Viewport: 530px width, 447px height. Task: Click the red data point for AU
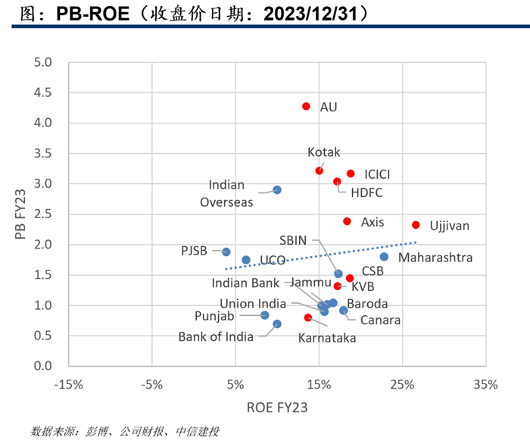[306, 107]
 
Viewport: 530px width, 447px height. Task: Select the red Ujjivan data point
[416, 225]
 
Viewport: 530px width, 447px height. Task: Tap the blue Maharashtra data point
[384, 257]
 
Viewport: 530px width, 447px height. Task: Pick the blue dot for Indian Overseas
[277, 190]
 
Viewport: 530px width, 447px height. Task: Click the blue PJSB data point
[226, 252]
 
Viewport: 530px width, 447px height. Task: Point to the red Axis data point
[347, 221]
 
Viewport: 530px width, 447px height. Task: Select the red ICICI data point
[351, 173]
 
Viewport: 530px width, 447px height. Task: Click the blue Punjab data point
[265, 315]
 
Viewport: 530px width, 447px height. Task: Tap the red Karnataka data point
[308, 317]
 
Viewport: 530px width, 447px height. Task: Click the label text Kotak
[323, 152]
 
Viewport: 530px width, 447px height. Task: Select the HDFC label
[366, 192]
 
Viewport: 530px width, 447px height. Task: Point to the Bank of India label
[216, 337]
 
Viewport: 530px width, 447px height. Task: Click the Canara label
[380, 320]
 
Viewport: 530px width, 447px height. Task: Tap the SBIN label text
[293, 240]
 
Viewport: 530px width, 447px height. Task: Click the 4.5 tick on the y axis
[42, 92]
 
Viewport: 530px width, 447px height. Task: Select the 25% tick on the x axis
[402, 384]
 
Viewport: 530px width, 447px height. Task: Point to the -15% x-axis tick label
[69, 384]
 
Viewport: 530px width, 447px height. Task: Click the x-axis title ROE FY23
[277, 408]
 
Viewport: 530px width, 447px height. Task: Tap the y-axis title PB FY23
[20, 214]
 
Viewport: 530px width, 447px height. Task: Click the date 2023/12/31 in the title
[310, 14]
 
